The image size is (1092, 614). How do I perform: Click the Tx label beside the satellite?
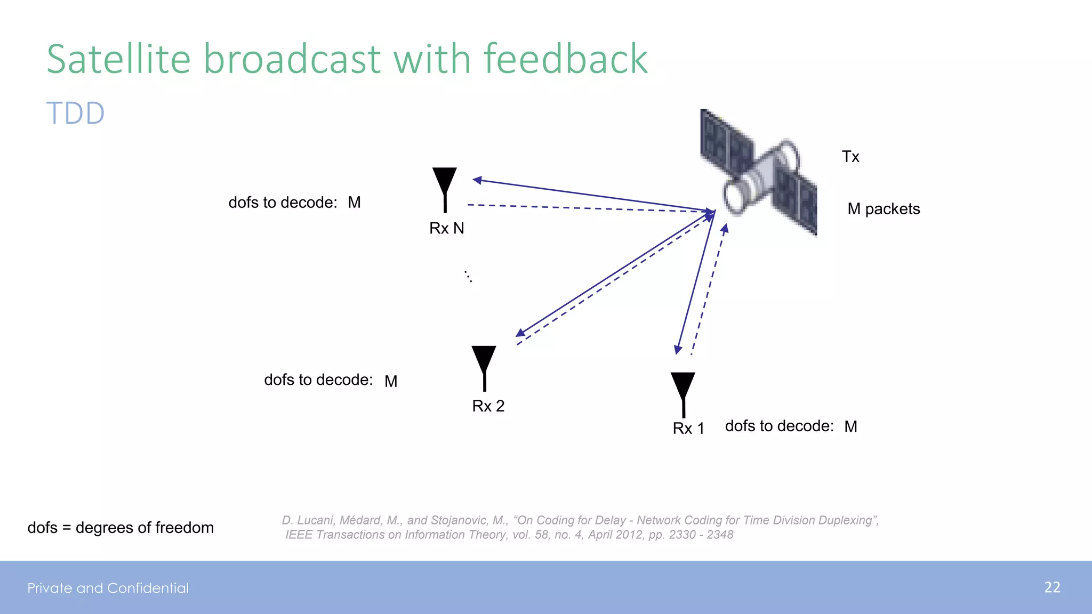(x=850, y=157)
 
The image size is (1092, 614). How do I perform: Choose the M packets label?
(x=884, y=209)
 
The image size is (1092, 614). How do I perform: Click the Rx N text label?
(x=447, y=229)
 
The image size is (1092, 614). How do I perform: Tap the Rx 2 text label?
(x=488, y=406)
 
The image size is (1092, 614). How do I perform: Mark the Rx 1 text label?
(x=688, y=429)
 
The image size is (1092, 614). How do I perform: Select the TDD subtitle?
(x=76, y=114)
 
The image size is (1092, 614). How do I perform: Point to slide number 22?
(x=1052, y=587)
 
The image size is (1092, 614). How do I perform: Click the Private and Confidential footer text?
(x=108, y=588)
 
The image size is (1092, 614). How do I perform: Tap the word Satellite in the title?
(x=118, y=59)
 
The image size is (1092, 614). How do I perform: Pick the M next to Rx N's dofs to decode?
(x=355, y=203)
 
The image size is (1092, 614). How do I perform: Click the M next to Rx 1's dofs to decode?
(x=851, y=427)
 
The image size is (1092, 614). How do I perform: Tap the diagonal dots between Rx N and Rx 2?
(x=468, y=276)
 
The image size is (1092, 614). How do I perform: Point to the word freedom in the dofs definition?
(x=184, y=528)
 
